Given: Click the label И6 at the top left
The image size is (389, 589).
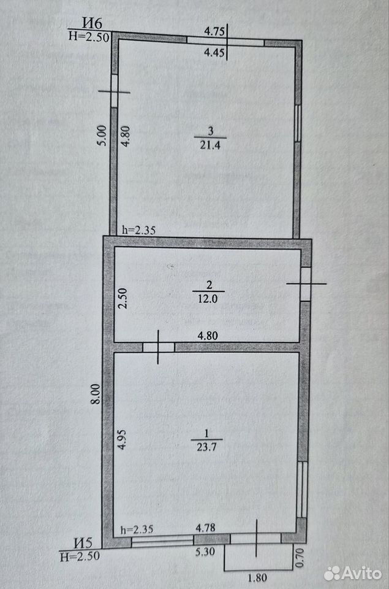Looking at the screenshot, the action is [93, 23].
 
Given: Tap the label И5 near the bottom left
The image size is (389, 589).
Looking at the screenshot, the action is [83, 543].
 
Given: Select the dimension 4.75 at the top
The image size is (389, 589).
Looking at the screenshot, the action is [214, 31].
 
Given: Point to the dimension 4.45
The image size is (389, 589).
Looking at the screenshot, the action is [214, 52].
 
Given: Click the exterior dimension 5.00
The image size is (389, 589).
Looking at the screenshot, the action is [103, 136].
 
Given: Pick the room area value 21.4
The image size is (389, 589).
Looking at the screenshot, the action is [210, 145].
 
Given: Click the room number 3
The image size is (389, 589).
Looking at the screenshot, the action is [211, 131].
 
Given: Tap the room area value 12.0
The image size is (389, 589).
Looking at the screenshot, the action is [208, 299].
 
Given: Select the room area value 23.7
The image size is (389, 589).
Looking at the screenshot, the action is [206, 447].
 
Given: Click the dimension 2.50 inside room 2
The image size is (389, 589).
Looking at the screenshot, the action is [123, 298].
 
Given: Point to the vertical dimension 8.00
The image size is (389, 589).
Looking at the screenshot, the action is [96, 393].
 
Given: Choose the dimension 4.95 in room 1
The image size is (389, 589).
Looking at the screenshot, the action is [122, 439].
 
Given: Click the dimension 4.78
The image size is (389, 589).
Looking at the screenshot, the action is [206, 528].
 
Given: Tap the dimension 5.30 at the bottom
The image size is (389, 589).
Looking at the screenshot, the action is [205, 551].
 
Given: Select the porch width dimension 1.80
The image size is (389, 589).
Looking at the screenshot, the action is [257, 577].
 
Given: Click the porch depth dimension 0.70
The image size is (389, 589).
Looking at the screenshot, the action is [300, 558].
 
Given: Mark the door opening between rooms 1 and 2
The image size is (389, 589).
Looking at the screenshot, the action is [158, 347].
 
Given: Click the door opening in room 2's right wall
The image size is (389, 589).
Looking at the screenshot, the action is [306, 284].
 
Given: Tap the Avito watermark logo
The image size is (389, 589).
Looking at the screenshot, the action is [353, 573].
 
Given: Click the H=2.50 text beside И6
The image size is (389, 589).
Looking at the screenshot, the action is [89, 37].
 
